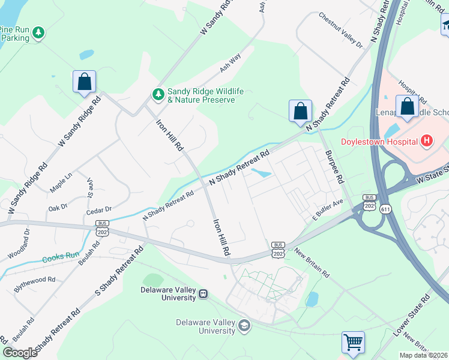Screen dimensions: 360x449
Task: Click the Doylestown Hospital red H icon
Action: pyautogui.click(x=427, y=142)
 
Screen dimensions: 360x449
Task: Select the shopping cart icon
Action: pyautogui.click(x=354, y=342)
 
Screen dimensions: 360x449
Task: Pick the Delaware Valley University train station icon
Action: pyautogui.click(x=203, y=294)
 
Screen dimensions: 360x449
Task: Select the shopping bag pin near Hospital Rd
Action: pyautogui.click(x=408, y=106)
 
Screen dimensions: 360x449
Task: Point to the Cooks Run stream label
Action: pyautogui.click(x=60, y=257)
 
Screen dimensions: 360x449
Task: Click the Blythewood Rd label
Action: pyautogui.click(x=35, y=280)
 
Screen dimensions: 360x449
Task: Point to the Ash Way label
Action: pyautogui.click(x=230, y=62)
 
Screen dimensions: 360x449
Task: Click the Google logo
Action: pyautogui.click(x=20, y=353)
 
